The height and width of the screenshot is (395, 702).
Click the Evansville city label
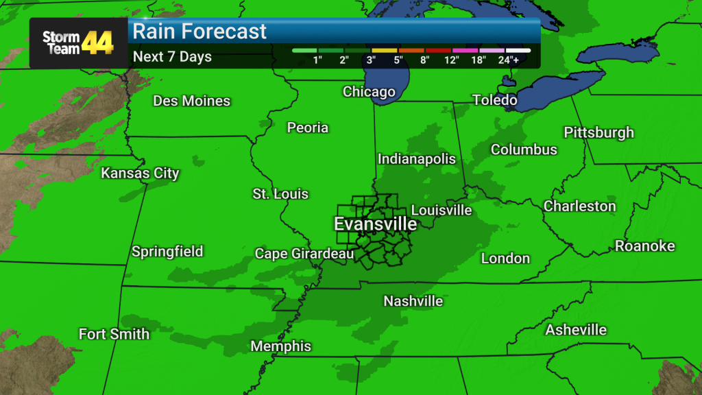tap(375, 224)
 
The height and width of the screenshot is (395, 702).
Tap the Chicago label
tap(369, 92)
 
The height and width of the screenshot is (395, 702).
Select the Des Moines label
tap(191, 101)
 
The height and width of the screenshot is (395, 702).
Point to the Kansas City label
tap(140, 173)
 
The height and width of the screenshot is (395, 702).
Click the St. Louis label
tap(280, 194)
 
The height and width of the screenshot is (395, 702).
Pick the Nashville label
tap(413, 301)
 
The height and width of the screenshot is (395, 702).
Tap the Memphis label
tap(281, 346)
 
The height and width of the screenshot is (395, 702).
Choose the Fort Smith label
tap(114, 334)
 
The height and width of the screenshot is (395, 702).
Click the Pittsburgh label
tap(598, 132)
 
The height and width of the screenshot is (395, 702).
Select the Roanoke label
tap(644, 246)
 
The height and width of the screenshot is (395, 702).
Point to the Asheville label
tap(576, 330)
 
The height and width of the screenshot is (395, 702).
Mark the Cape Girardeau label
tap(304, 254)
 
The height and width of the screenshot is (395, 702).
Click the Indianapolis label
tap(416, 158)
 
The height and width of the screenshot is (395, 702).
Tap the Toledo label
tap(494, 100)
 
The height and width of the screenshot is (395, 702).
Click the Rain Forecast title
tap(199, 31)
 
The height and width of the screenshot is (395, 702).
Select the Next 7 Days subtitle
tap(172, 56)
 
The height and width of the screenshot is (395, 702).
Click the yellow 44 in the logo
tap(97, 43)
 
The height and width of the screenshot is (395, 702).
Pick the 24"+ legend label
tap(518, 60)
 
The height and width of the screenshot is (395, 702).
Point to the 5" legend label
tap(398, 60)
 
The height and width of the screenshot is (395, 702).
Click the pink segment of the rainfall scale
tap(465, 50)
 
